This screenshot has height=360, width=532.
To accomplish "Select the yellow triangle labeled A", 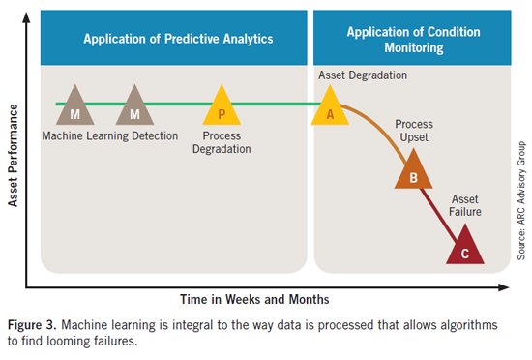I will [x=329, y=108].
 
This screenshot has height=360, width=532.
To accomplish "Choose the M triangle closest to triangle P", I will [x=133, y=108].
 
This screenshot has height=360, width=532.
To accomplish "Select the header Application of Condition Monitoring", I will [x=407, y=40].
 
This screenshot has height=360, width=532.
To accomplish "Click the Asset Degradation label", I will [x=362, y=75].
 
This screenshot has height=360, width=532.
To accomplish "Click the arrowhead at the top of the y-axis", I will [x=28, y=13].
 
